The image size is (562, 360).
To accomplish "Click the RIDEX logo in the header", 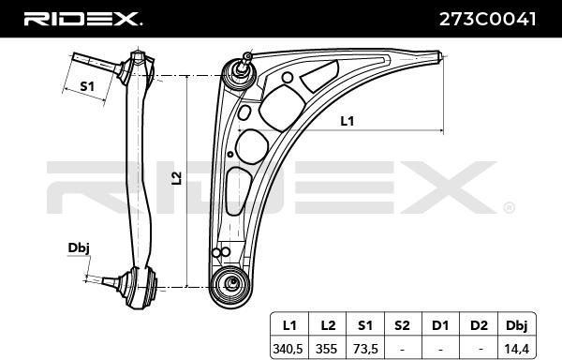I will (82, 18).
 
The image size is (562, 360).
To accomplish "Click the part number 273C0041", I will (487, 18).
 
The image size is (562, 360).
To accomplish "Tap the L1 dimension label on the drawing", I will (347, 120).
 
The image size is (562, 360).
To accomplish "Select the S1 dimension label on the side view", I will (87, 86).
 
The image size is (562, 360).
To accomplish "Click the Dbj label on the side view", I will (79, 247).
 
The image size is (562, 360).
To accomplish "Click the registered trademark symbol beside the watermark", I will (509, 207).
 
